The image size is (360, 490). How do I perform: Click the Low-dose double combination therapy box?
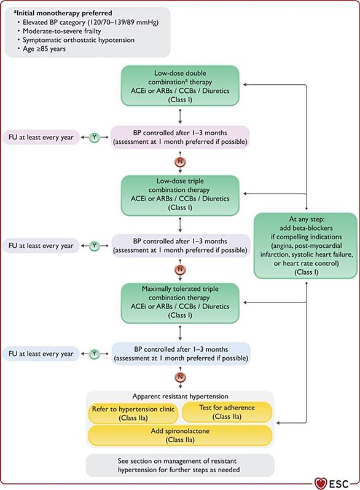point(180,85)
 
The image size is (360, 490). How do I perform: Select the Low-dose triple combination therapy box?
point(180,196)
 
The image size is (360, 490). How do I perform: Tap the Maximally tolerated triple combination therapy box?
point(180,303)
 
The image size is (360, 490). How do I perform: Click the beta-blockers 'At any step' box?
point(306,246)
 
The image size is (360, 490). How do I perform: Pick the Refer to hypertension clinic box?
point(133,413)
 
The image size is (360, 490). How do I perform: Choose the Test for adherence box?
point(227,412)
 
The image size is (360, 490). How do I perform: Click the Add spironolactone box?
point(180,435)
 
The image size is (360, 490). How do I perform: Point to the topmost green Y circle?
point(94,137)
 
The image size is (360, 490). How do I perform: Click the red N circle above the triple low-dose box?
point(180,162)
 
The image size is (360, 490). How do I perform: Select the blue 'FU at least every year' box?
point(41,354)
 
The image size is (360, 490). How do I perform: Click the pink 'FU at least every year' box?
point(41,137)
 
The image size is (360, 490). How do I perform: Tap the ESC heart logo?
point(320,483)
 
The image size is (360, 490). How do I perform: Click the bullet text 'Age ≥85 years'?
point(44,49)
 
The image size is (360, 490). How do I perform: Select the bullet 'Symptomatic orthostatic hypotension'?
point(79,40)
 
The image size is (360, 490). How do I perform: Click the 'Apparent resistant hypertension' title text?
point(180,397)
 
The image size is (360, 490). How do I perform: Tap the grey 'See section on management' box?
point(180,465)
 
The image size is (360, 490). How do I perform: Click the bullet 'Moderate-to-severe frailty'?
point(62,31)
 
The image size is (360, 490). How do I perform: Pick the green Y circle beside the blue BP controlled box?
point(94,354)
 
